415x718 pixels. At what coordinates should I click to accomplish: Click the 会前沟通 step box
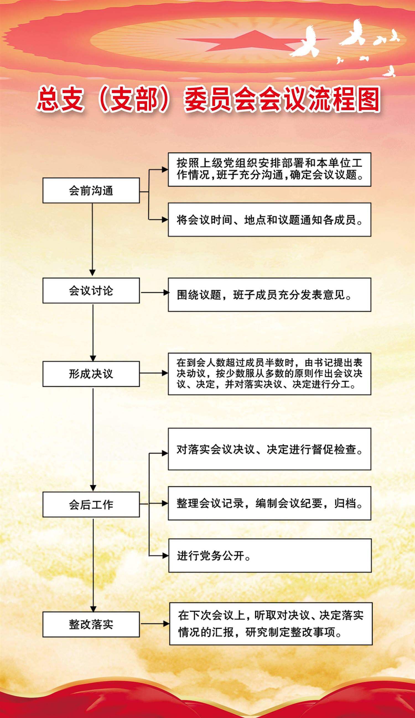(x=91, y=190)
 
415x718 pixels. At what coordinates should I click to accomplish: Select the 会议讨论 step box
(x=91, y=291)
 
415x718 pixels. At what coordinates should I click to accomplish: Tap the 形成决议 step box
(x=91, y=374)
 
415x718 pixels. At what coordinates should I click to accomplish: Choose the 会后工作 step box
(x=91, y=504)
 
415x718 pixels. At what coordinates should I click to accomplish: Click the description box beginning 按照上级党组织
(x=269, y=169)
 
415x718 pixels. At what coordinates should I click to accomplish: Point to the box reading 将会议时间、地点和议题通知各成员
(x=269, y=219)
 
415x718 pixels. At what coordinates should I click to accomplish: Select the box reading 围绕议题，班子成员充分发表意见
(x=269, y=295)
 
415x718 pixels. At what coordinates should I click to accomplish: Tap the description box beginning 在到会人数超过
(x=269, y=374)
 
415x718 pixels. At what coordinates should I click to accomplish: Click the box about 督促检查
(x=269, y=449)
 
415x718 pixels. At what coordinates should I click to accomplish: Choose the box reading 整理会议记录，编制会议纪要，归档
(x=269, y=503)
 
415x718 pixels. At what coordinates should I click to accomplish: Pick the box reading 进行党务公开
(x=270, y=555)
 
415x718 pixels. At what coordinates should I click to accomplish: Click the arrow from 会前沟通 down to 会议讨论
(x=92, y=239)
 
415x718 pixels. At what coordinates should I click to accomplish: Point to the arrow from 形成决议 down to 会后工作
(x=93, y=438)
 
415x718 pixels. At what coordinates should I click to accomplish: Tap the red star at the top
(x=250, y=42)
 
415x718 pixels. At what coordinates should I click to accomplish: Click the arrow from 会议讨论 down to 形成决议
(x=93, y=332)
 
